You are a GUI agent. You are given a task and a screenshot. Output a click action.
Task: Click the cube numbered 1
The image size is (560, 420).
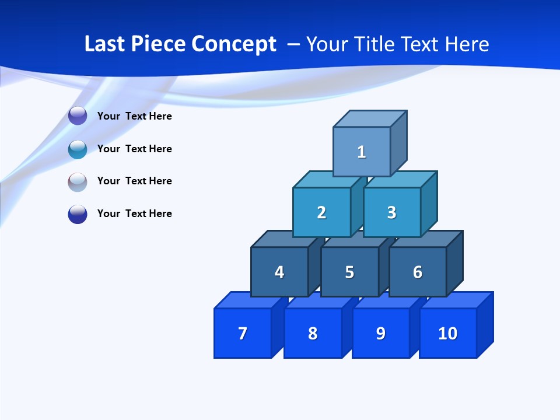point(362,152)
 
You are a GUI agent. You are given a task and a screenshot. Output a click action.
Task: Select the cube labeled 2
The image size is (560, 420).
point(321,212)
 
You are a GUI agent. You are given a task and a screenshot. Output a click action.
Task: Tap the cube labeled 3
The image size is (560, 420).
point(391,212)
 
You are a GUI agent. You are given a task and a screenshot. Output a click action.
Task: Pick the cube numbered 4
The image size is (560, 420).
point(279,272)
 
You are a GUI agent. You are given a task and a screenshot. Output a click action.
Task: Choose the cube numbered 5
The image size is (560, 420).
point(349,272)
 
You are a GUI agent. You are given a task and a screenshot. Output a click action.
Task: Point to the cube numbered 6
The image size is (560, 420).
point(418,272)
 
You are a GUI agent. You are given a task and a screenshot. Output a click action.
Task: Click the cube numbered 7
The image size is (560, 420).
point(243,333)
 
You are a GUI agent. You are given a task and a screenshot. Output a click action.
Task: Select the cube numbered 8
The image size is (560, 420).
point(313,333)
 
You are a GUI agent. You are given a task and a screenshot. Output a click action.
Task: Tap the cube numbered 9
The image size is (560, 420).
point(380,333)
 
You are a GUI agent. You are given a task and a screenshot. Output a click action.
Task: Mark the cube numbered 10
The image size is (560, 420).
point(448,333)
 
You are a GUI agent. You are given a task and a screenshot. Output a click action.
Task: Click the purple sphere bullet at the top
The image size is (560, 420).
point(78,116)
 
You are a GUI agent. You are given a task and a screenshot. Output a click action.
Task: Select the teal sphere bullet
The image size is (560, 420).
point(78,149)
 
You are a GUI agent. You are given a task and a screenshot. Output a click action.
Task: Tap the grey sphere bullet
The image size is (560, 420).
point(78,182)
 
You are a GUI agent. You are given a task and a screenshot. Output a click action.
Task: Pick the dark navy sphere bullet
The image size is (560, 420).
point(78,214)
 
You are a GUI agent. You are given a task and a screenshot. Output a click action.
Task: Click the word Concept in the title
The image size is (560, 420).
point(235,44)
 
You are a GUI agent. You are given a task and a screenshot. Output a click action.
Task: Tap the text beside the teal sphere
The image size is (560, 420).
point(135,149)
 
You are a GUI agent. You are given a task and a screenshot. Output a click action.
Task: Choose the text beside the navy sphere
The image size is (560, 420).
point(135,213)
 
